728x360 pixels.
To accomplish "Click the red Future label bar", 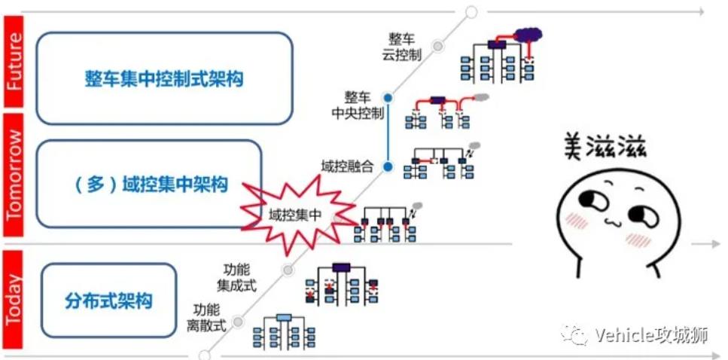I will click(14, 59).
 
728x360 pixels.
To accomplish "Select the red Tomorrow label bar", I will click(14, 178).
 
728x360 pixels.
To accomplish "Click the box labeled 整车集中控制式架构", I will click(163, 78).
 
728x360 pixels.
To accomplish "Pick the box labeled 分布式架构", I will click(108, 301).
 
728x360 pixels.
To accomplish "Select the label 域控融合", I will click(347, 166).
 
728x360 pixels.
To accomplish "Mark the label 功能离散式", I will click(206, 318).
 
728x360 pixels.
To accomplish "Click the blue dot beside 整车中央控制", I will click(388, 98).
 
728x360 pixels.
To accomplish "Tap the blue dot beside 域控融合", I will click(388, 166).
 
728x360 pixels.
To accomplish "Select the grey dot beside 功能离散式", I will click(238, 321).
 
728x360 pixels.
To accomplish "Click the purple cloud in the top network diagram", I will click(528, 34).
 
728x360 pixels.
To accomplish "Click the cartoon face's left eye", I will click(587, 201).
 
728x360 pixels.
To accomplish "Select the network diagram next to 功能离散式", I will click(283, 329).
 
